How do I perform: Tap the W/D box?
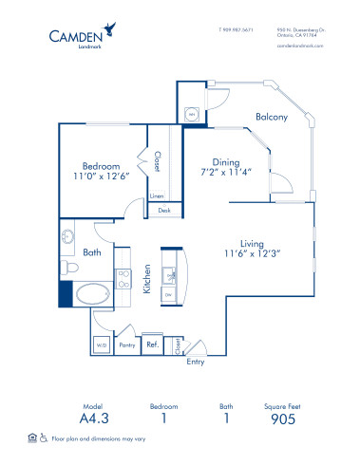tap(102, 346)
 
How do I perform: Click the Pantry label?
tap(125, 346)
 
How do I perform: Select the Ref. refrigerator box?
tap(152, 345)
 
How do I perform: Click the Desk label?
tap(163, 211)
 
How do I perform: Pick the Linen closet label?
tap(156, 195)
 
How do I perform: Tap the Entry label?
tap(196, 362)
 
